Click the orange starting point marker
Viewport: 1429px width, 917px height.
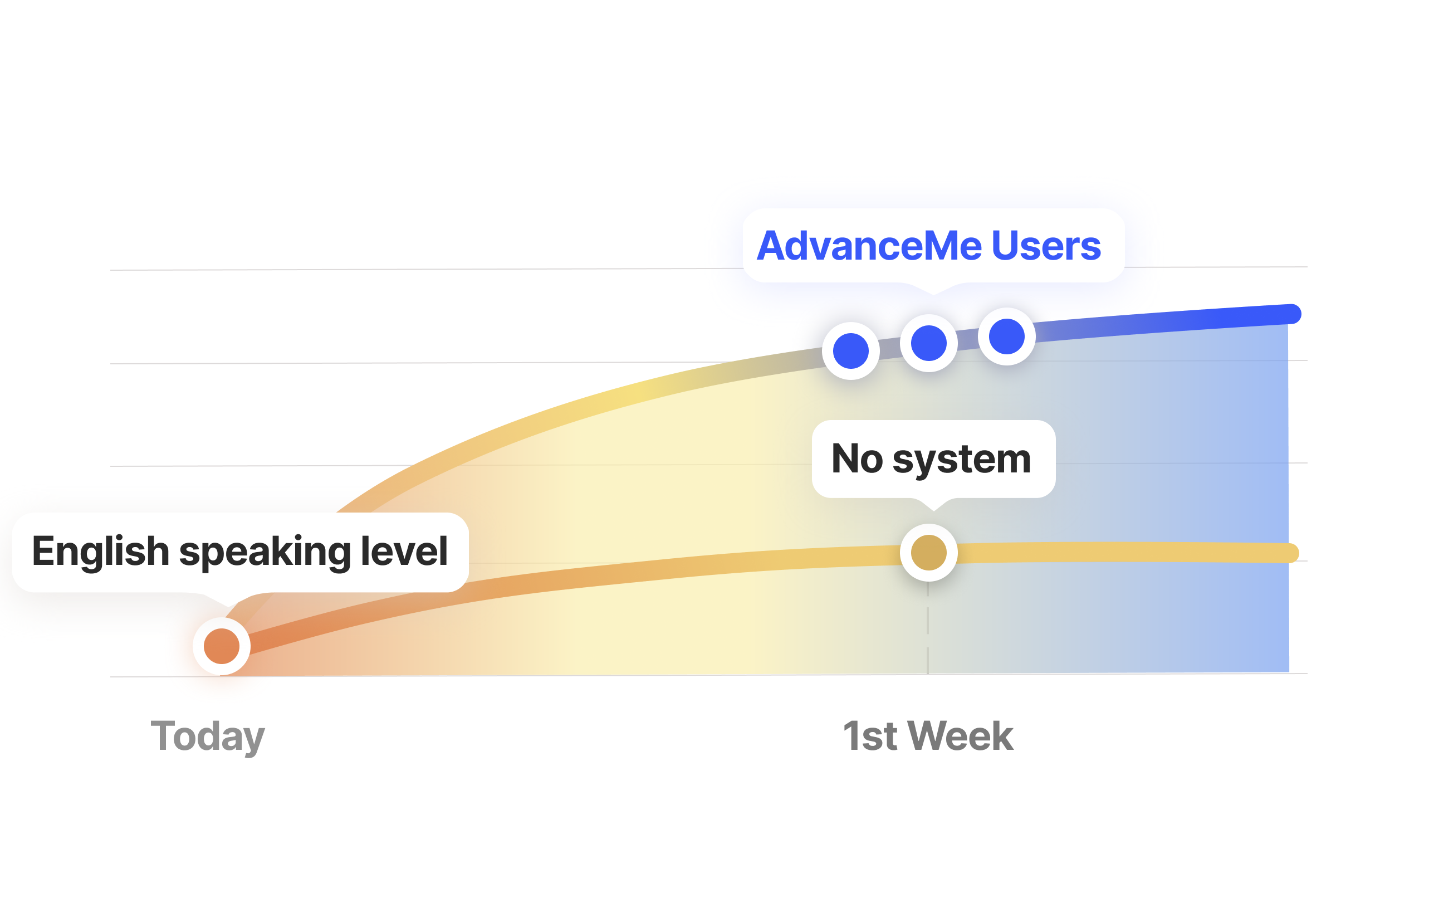222,646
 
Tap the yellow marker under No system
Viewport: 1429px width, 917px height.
928,553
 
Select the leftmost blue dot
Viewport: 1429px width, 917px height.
850,351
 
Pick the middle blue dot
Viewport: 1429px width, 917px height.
928,343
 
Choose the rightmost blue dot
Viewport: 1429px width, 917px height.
1006,336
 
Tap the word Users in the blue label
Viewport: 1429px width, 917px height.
1046,246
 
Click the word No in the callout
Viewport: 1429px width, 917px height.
857,458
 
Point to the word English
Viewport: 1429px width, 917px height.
101,552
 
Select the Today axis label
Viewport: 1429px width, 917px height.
208,737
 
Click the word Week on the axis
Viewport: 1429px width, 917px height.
960,736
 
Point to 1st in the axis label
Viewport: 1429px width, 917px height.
869,736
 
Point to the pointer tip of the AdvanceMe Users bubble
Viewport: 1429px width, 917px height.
933,293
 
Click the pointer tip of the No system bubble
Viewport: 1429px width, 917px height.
933,509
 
